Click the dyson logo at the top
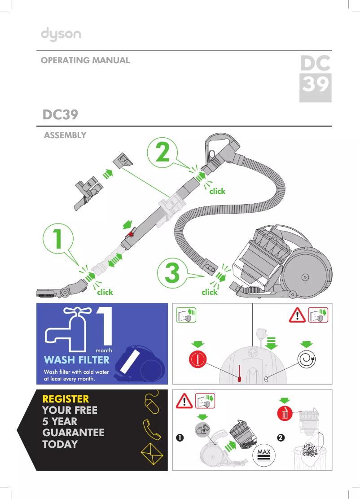click(x=61, y=35)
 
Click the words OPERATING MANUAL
click(x=85, y=60)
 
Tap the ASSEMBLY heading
click(x=65, y=135)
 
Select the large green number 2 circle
click(x=162, y=153)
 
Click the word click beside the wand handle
click(x=217, y=191)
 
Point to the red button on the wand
click(x=132, y=234)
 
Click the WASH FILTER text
click(x=77, y=360)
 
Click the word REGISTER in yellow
click(x=66, y=398)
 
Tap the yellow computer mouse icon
click(x=152, y=403)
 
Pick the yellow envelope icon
click(x=152, y=455)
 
